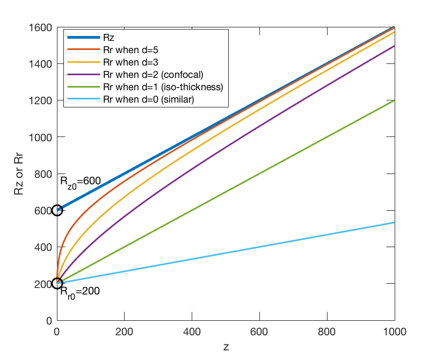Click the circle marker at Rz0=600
pos(57,210)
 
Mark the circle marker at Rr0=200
pos(57,283)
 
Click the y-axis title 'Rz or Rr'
pos(19,174)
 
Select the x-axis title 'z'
pos(226,347)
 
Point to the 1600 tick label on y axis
pos(40,27)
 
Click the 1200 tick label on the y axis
pos(40,100)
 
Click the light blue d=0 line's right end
pos(395,222)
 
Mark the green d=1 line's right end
pos(395,100)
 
